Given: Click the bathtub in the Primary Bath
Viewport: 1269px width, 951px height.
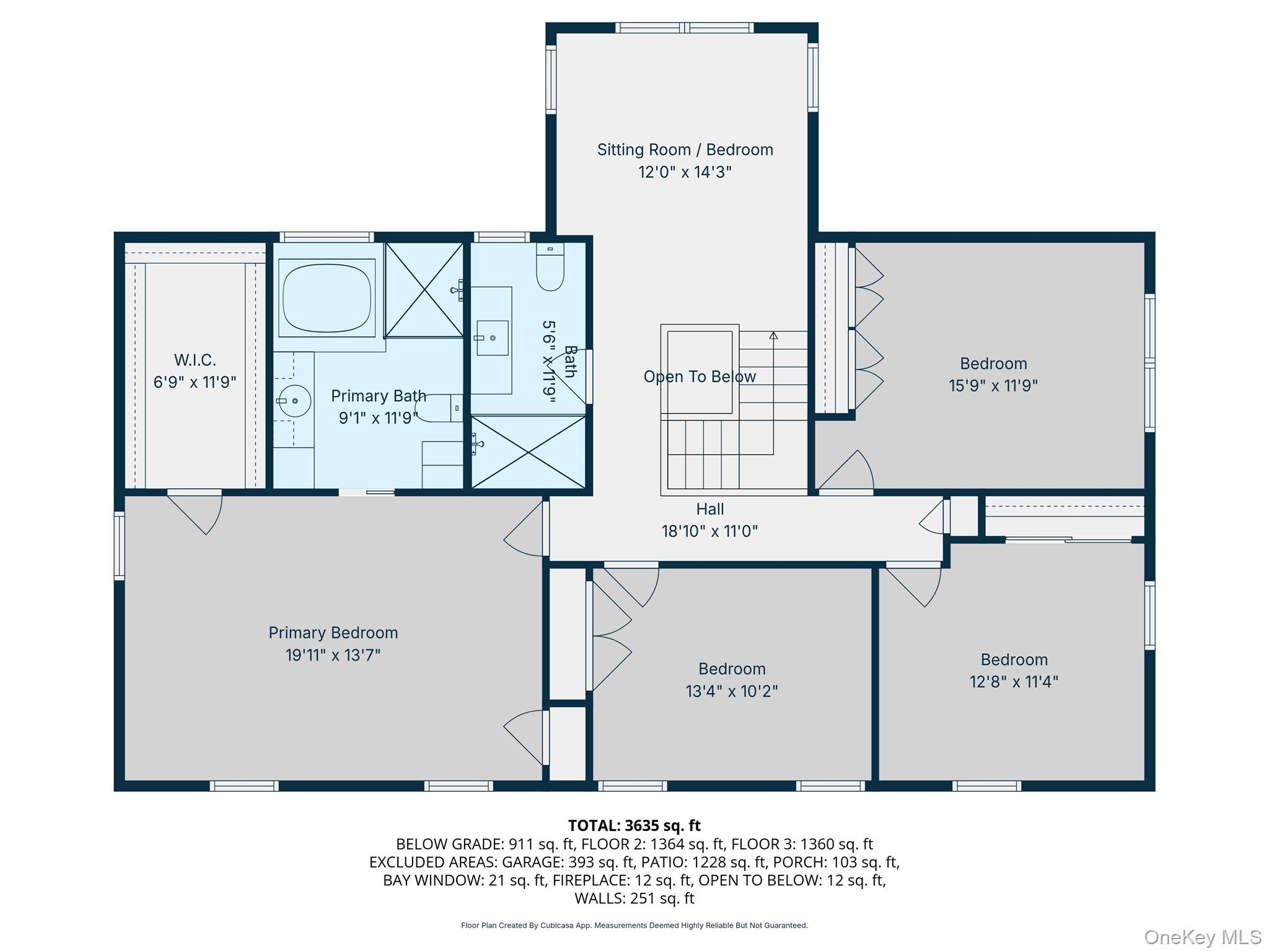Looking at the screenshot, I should [327, 298].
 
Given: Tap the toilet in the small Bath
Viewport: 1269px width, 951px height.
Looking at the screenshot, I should [550, 267].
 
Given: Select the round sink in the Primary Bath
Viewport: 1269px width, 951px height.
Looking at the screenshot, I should [294, 401].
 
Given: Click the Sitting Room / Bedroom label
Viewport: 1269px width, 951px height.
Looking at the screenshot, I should [685, 150].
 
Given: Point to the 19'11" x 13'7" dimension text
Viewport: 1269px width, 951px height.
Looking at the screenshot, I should [333, 655].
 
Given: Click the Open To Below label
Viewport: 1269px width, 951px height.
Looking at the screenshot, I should [700, 376].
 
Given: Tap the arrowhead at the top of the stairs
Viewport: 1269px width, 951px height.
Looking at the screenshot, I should [773, 336].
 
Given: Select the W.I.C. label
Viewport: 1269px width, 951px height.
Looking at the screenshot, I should [195, 360].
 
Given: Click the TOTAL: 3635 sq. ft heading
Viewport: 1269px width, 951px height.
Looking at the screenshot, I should [634, 825].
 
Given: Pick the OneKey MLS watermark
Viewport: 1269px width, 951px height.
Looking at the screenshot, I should [1202, 937].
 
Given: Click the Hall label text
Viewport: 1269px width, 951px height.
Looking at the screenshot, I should [709, 509].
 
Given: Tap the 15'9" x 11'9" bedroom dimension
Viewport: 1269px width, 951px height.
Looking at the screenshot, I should [993, 385].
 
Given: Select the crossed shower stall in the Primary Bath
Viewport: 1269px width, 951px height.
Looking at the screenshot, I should [424, 290].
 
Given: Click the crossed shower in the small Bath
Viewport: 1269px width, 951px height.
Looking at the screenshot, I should [529, 451].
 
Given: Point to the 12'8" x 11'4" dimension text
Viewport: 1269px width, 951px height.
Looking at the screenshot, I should [1014, 682].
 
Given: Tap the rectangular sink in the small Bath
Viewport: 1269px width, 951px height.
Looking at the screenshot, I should [493, 338].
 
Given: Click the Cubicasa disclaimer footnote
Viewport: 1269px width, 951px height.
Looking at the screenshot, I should [634, 926].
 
